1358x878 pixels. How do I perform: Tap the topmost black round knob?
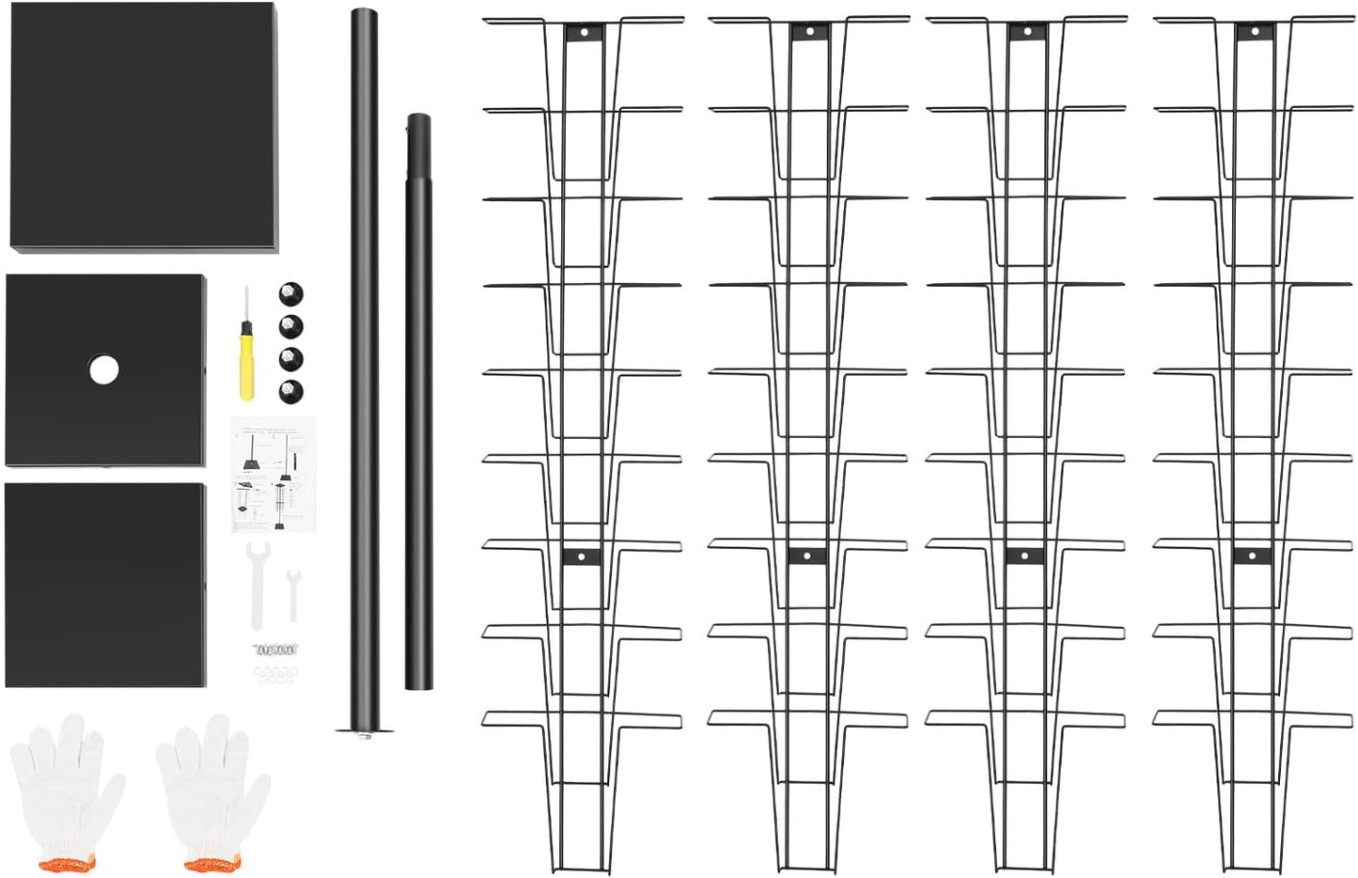tap(291, 294)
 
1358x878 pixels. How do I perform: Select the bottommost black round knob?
tap(291, 390)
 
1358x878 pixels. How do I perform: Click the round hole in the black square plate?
tap(104, 369)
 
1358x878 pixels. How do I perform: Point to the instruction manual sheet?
tap(273, 474)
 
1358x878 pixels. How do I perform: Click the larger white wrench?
tap(257, 583)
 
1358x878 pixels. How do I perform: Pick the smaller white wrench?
tap(293, 592)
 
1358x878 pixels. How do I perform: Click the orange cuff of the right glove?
tap(211, 863)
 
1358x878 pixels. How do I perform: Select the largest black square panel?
tap(144, 126)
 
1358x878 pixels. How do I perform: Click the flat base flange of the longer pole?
tap(364, 730)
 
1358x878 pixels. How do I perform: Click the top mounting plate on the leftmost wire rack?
tap(584, 32)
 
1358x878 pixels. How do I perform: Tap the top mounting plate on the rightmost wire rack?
tap(1254, 32)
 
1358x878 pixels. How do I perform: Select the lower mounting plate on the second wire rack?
tap(806, 556)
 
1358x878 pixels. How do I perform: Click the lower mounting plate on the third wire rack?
tap(1024, 556)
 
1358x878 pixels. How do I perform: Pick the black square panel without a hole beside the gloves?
tap(105, 585)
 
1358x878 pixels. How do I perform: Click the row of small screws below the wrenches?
tap(274, 649)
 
